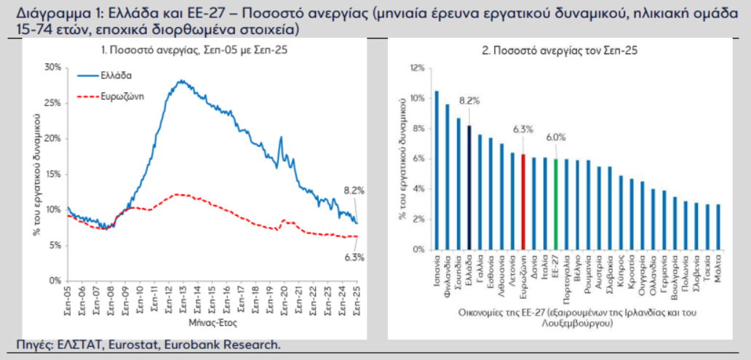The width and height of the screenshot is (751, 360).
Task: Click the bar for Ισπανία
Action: tap(437, 170)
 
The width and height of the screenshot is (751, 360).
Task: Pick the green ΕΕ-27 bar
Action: tap(556, 204)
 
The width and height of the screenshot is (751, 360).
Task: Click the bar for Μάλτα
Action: tap(718, 227)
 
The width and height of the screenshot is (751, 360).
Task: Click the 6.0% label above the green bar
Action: tap(556, 136)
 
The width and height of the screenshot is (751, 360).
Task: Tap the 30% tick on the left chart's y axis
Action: tap(52, 67)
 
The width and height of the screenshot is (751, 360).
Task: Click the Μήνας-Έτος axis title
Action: tap(212, 321)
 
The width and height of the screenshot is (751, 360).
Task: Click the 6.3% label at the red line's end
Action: tap(354, 256)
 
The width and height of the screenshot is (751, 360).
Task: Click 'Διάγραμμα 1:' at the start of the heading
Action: tap(48, 14)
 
